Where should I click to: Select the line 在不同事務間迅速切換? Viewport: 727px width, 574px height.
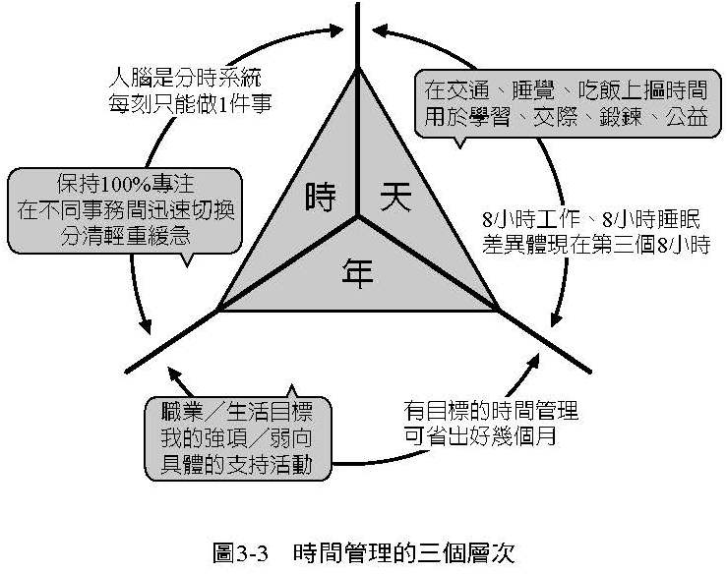(x=123, y=211)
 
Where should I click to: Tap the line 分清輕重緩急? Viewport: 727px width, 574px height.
(x=123, y=236)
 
